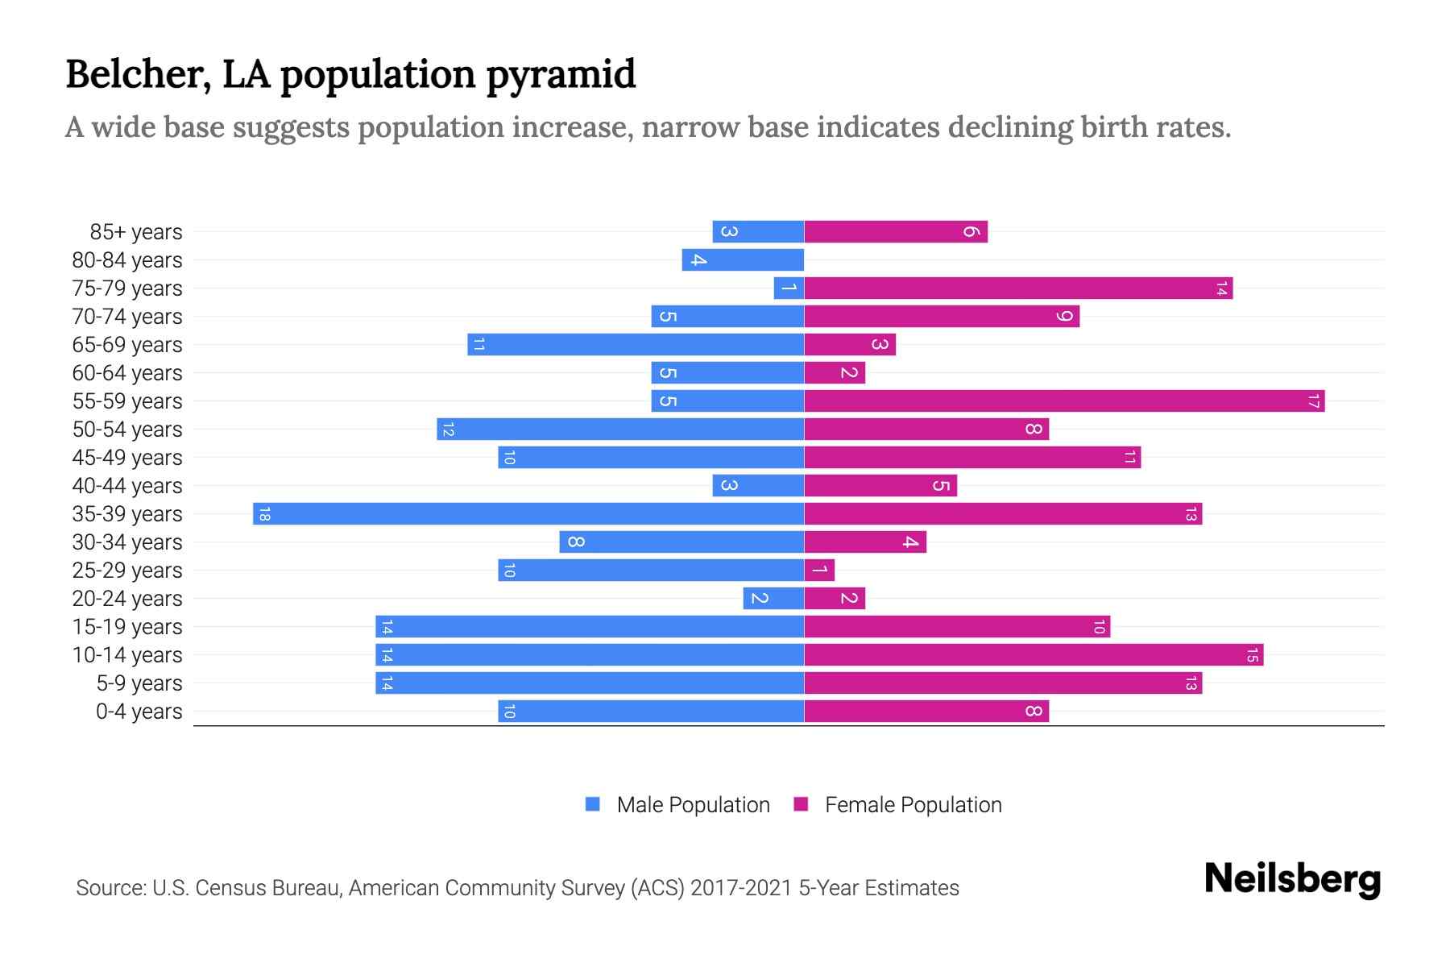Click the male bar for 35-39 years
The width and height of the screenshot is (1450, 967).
[x=528, y=514]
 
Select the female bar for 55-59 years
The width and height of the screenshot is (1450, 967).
[x=1064, y=401]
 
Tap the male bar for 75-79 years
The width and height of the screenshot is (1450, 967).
[x=789, y=288]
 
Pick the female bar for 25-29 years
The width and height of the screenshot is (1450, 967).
[x=819, y=571]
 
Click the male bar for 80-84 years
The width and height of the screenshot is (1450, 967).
[x=743, y=260]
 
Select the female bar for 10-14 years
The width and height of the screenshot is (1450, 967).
[x=1034, y=655]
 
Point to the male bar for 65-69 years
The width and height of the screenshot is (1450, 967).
[x=636, y=345]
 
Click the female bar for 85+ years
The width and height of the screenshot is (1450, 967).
[x=896, y=232]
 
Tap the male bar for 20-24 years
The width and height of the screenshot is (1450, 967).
[x=773, y=599]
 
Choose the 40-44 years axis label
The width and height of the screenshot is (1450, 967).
[x=127, y=486]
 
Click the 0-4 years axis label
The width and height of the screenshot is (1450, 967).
[x=139, y=712]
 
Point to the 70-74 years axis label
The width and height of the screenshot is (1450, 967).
[x=127, y=317]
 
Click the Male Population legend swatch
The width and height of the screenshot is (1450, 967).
[x=593, y=804]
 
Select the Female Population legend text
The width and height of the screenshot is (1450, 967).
[x=913, y=805]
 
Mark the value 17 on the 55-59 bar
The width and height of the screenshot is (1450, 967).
[x=1313, y=401]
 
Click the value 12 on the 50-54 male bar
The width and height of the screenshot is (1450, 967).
[x=449, y=430]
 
